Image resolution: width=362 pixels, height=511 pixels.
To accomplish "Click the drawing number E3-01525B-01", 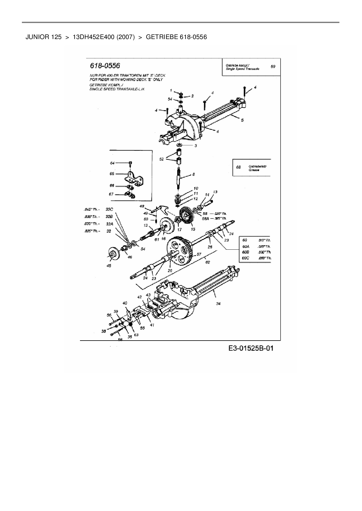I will tap(251, 348).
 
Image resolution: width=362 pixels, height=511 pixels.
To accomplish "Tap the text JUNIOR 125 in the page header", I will tap(43, 37).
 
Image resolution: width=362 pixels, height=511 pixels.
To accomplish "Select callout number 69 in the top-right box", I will tap(273, 67).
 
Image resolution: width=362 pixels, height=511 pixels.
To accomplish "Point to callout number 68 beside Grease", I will tap(239, 167).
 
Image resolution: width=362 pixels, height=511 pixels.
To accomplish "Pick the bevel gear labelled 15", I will tap(187, 218).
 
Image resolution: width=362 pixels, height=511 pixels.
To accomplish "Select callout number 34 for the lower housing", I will tap(218, 304).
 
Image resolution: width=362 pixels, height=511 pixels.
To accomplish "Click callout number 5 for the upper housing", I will tap(242, 120).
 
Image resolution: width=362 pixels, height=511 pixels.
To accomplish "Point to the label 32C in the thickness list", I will tap(109, 209).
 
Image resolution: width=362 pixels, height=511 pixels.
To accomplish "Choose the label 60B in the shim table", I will tap(246, 252).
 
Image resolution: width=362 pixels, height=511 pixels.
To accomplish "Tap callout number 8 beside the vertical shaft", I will tap(193, 175).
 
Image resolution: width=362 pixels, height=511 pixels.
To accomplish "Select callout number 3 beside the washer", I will tap(196, 145).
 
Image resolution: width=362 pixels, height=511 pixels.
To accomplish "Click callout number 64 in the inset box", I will tap(112, 163).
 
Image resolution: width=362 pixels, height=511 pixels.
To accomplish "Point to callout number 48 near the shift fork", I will tap(142, 206).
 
